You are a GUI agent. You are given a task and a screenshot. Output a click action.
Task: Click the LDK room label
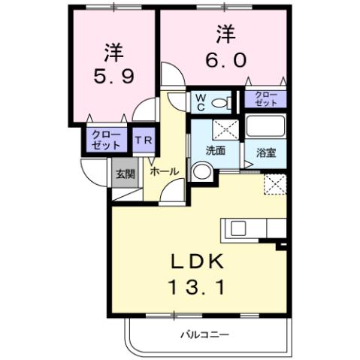tap(199, 262)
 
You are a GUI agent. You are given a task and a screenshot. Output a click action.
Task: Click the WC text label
tap(201, 101)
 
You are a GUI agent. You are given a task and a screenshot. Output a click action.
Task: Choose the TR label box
tap(141, 141)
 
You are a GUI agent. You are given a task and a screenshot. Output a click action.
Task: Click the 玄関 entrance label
tap(124, 174)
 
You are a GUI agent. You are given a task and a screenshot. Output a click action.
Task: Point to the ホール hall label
tap(164, 171)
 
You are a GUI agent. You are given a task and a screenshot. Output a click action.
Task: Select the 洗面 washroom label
tap(216, 150)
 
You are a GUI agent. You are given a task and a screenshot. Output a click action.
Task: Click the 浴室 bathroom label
tap(265, 153)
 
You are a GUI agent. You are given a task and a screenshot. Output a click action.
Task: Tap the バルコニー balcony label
tap(204, 333)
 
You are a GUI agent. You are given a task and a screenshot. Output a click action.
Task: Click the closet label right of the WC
tap(265, 98)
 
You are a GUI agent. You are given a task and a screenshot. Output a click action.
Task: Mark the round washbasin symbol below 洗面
tap(200, 171)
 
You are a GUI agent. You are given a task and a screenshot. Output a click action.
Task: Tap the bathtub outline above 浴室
tap(265, 128)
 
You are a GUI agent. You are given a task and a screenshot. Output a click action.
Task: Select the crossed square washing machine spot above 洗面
tap(224, 127)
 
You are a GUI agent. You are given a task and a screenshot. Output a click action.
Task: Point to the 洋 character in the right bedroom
tap(224, 34)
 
